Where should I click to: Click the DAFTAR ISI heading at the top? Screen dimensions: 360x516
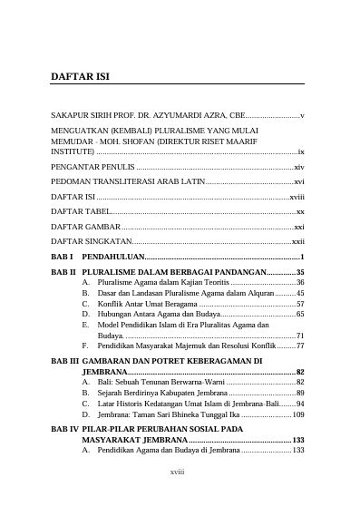tap(80, 78)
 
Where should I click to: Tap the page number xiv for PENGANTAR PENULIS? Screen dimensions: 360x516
tap(299, 169)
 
